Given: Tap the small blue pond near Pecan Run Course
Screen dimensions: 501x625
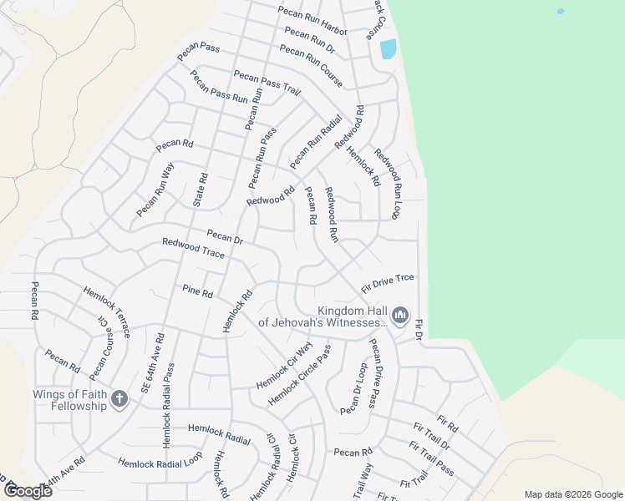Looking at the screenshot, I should tap(389, 49).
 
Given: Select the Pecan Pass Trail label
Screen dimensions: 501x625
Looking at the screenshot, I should tap(267, 83).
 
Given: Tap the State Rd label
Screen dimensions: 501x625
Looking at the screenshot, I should tap(200, 190).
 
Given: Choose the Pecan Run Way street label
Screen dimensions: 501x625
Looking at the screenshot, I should tap(155, 191).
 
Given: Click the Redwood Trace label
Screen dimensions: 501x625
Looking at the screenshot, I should tap(193, 248).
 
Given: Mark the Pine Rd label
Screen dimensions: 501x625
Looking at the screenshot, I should tap(198, 291).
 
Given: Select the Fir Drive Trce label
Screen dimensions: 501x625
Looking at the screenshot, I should tap(388, 283).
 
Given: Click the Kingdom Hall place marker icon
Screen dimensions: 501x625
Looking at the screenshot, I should tap(399, 315).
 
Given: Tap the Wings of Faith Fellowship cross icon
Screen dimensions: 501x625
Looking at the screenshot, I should tap(119, 399).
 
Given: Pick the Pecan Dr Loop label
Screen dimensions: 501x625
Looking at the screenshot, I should tap(353, 388).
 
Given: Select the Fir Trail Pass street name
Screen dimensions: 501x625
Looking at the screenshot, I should tap(434, 460).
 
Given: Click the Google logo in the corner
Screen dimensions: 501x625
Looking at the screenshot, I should tap(28, 490).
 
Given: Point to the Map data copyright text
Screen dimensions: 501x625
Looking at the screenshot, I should tap(572, 493).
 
